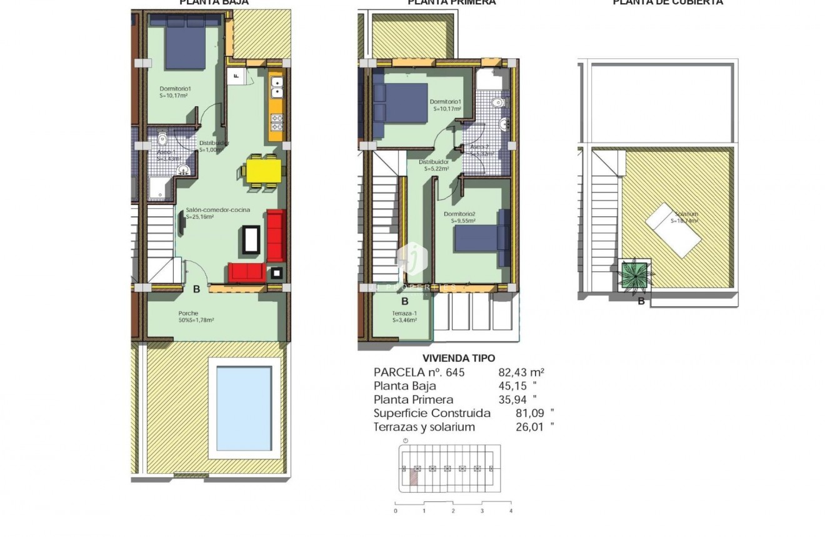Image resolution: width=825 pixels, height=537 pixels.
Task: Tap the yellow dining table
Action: (x=262, y=168)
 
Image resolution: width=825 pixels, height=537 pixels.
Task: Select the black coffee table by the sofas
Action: (x=251, y=240)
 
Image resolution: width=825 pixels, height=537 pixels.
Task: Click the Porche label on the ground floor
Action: (x=188, y=313)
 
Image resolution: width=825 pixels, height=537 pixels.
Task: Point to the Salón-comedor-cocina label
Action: (x=217, y=210)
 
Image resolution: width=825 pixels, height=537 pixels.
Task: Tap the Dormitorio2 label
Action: (x=459, y=214)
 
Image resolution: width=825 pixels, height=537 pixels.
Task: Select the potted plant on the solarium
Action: (x=636, y=274)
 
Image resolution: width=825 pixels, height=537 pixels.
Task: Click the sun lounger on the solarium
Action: (x=673, y=229)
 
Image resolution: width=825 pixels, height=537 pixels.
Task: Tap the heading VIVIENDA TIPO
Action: (x=459, y=358)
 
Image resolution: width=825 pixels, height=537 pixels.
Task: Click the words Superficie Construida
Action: (x=432, y=413)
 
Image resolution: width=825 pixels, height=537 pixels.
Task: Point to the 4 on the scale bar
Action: (x=511, y=511)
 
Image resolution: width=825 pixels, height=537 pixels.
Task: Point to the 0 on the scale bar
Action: (x=396, y=511)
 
